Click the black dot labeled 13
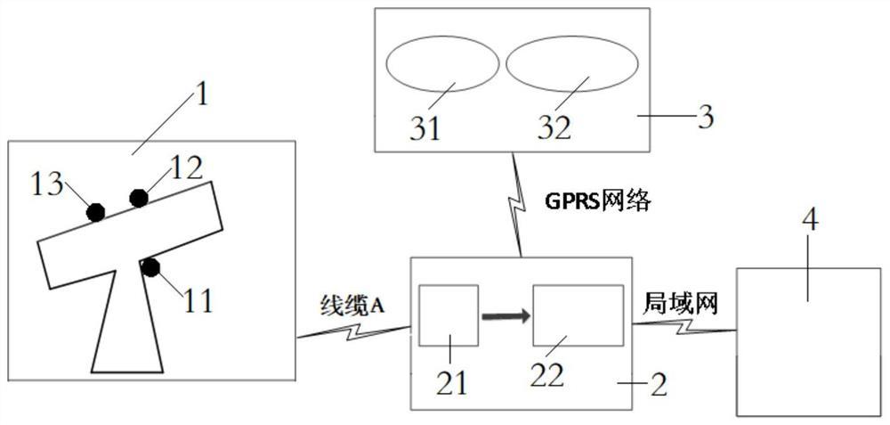coord(95,212)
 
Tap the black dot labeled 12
coord(139,198)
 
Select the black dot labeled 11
coord(150,266)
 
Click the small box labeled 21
coord(449,315)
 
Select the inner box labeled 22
coord(578,315)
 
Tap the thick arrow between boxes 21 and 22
coord(505,315)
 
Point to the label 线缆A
coord(352,305)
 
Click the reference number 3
coord(704,118)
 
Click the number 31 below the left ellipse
coord(425,128)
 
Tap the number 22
coord(546,375)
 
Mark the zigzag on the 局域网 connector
coord(684,328)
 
